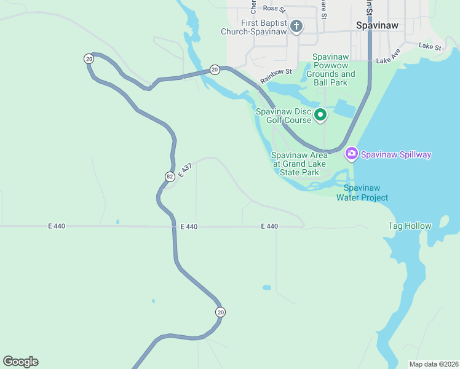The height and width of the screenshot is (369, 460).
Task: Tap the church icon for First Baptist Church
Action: pos(296,26)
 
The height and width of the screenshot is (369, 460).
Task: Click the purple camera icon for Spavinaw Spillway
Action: pos(351,153)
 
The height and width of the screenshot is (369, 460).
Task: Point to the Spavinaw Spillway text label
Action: pos(395,154)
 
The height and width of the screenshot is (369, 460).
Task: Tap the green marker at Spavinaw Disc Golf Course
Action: pos(320,114)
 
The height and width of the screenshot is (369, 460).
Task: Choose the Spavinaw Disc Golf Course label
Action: pos(284,116)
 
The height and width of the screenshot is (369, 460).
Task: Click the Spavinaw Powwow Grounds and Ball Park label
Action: pos(331,69)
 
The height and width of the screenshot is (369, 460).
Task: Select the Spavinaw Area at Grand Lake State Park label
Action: pos(299,164)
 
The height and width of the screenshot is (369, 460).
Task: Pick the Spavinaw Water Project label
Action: pos(362,192)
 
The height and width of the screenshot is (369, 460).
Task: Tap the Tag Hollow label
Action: pos(410,226)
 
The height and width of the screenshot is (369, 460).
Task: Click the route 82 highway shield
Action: pos(169,177)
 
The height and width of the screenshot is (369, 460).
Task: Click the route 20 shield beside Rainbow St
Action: pos(214,69)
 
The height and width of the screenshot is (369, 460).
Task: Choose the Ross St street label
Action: pos(274,9)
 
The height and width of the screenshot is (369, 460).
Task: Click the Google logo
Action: pos(20,361)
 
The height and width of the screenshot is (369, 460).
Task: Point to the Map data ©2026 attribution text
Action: pos(433,364)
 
